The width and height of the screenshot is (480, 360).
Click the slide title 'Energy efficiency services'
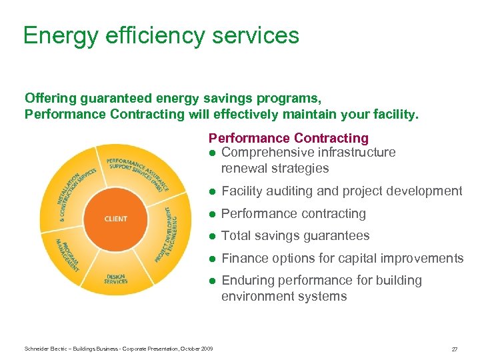[x=161, y=35]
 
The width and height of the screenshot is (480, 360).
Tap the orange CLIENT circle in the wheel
[x=116, y=219]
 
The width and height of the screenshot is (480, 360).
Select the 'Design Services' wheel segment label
[x=115, y=279]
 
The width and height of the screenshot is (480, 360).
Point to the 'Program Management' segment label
[x=67, y=255]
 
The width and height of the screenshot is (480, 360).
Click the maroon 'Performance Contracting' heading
[x=288, y=138]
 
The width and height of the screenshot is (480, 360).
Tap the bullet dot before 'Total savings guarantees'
[x=212, y=236]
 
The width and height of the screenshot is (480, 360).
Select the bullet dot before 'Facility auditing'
[x=212, y=191]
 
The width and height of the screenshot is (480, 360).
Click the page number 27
[x=454, y=349]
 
